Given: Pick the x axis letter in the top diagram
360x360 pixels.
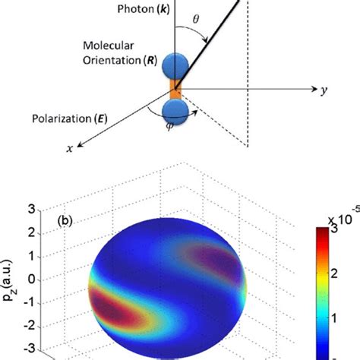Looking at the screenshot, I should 69,149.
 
